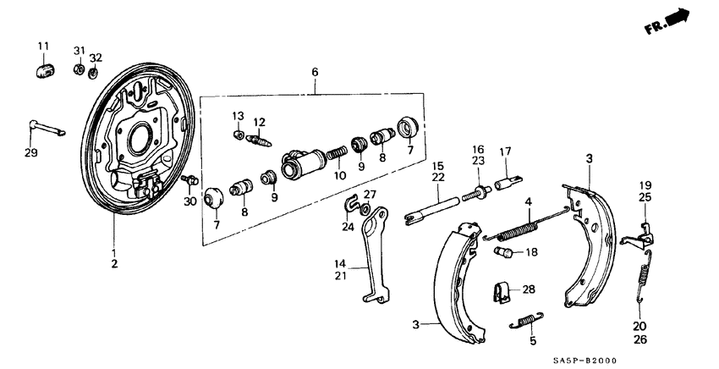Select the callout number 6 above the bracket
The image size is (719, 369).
pos(315,74)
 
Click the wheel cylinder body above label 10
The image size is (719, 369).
pos(301,162)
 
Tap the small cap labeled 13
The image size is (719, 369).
pos(239,135)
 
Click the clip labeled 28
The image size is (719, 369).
pos(502,291)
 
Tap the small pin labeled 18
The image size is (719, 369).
pos(503,252)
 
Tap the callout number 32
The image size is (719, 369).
pos(96,58)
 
